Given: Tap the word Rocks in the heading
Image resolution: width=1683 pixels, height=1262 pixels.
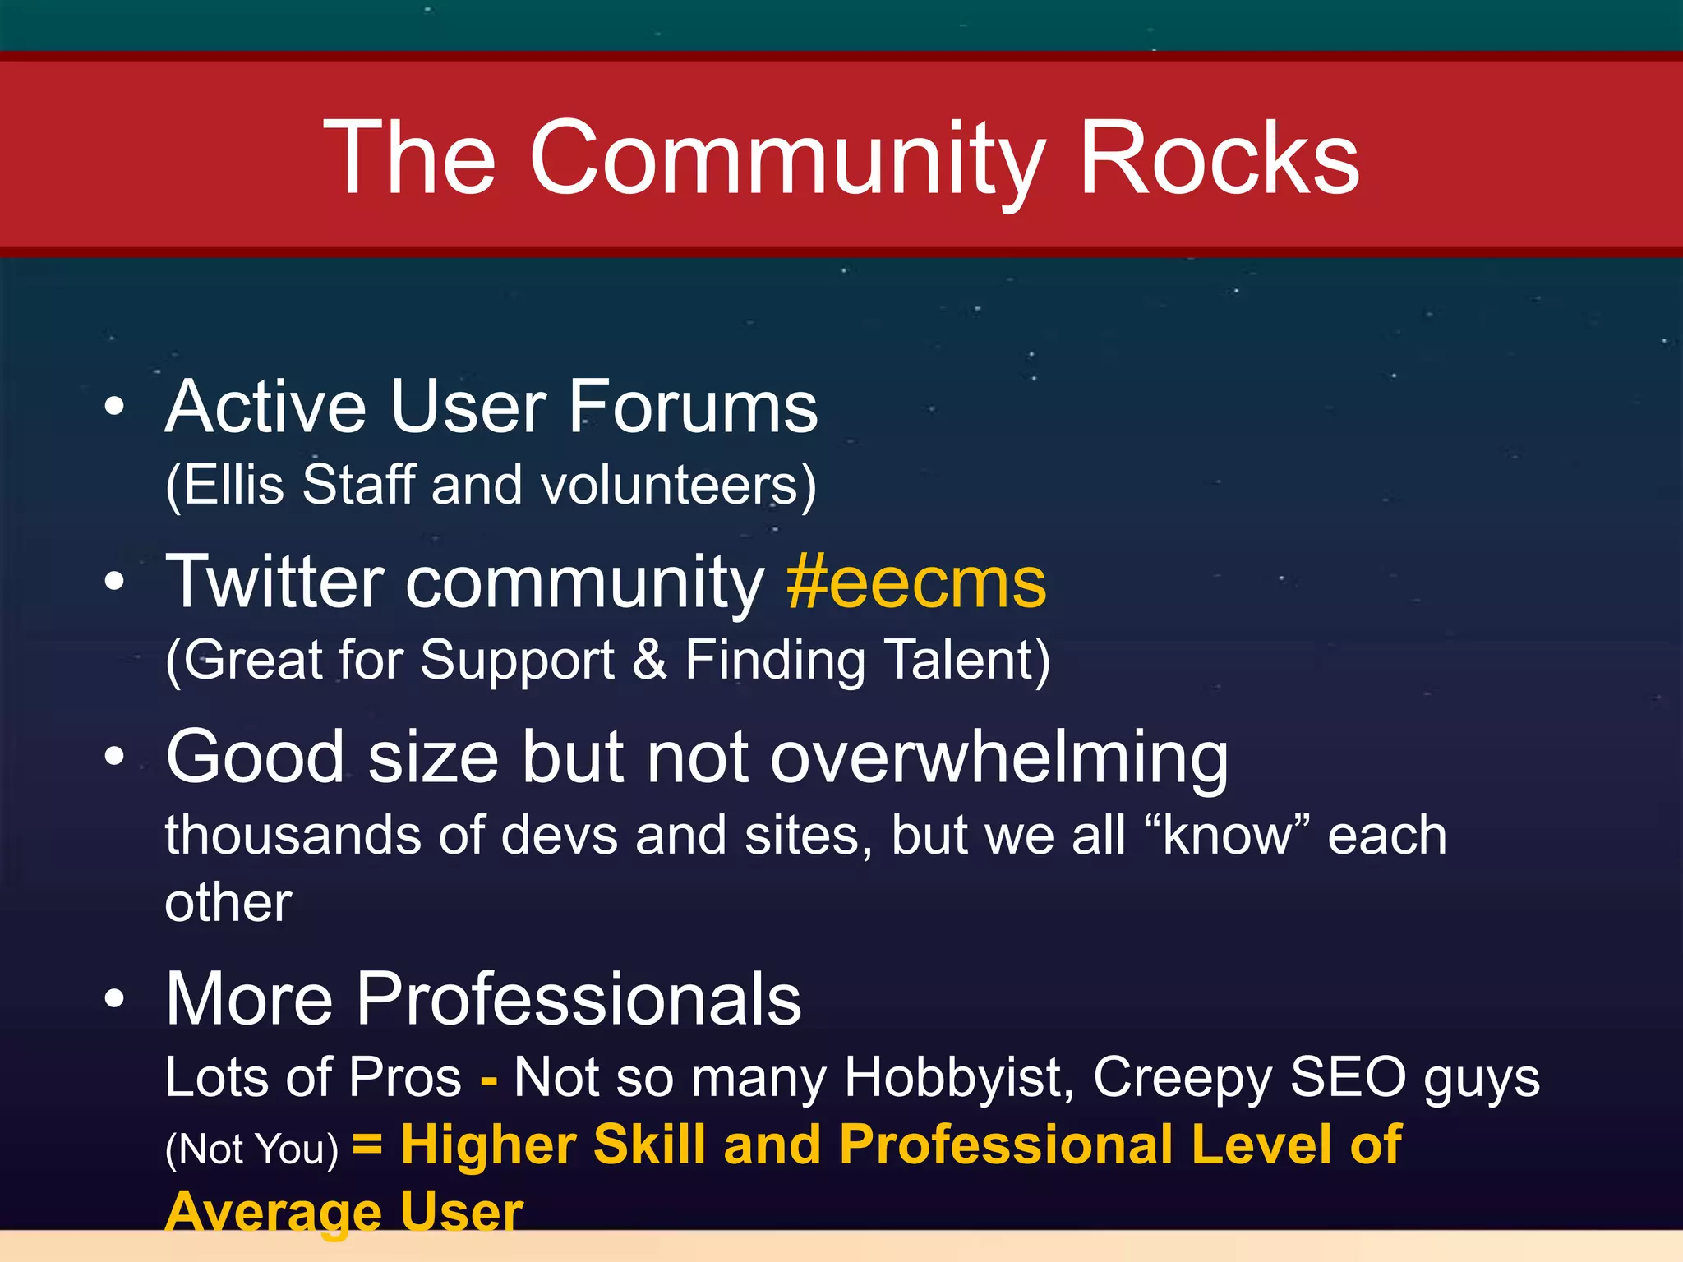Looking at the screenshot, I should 1219,158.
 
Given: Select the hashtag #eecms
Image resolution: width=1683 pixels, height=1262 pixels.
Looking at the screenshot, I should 916,583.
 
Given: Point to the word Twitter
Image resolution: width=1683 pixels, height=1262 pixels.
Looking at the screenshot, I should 275,581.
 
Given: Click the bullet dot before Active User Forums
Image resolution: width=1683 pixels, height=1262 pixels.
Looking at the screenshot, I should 115,406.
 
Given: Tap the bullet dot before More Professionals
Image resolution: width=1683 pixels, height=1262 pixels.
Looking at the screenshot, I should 115,998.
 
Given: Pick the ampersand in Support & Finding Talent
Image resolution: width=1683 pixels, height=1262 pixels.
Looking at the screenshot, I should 649,660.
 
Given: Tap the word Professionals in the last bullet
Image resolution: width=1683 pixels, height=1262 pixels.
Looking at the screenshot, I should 579,999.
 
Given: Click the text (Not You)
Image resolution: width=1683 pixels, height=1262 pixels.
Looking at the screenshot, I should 251,1149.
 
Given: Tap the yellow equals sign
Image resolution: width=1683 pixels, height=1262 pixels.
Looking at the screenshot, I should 367,1143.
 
